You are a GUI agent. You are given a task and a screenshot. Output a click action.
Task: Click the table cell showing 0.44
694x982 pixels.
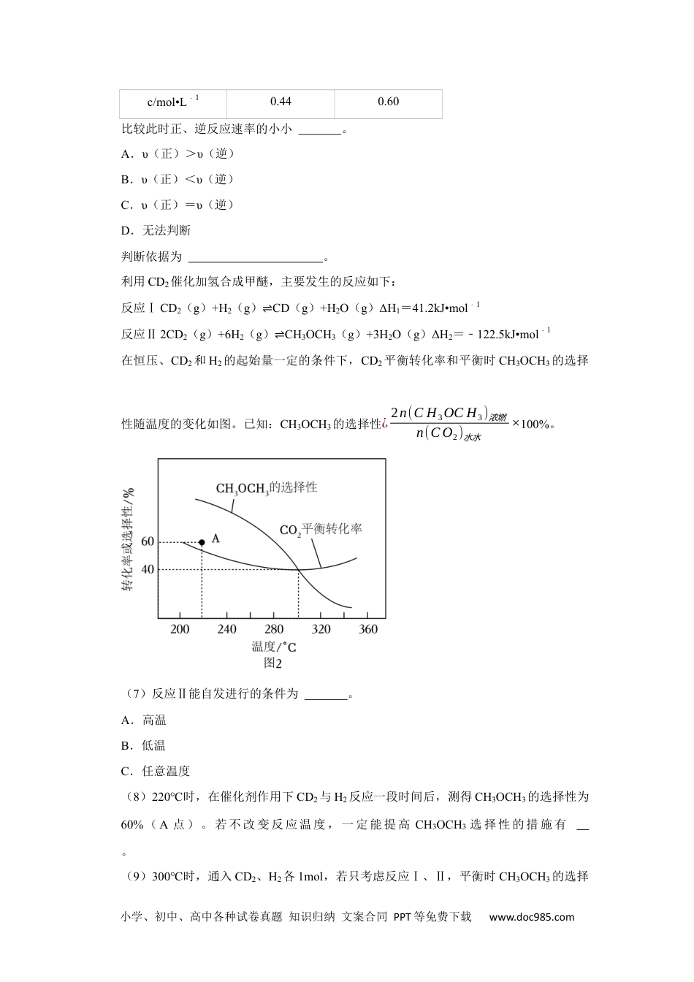tap(281, 102)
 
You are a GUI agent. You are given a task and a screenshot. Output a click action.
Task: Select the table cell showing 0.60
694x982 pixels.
tap(388, 102)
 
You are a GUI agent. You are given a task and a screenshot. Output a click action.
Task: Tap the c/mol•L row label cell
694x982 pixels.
tap(173, 102)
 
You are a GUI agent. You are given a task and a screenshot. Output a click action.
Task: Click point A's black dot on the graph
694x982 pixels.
tap(202, 542)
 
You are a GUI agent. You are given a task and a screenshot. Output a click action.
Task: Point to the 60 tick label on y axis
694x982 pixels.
tap(148, 541)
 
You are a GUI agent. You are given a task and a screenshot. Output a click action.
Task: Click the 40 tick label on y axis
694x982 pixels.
tap(148, 569)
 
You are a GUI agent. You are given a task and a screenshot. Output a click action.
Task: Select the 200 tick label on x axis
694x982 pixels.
tap(180, 629)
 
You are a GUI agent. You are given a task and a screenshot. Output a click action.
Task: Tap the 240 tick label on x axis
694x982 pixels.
tap(227, 629)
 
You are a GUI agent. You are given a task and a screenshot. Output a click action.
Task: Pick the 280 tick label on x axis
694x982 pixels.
tap(274, 629)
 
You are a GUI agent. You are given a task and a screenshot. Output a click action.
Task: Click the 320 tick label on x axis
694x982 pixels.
tap(321, 629)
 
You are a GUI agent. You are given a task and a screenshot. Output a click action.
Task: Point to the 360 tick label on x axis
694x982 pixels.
tap(368, 629)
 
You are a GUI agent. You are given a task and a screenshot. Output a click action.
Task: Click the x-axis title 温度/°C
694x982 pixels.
tap(274, 646)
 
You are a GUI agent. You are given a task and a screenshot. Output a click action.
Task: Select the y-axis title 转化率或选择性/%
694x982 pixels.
tap(129, 539)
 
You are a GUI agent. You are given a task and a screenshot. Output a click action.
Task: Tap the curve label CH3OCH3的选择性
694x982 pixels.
tap(266, 487)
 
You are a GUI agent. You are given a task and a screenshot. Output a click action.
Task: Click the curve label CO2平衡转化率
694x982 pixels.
tap(321, 529)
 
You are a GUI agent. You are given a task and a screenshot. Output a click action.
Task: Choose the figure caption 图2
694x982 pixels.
tap(272, 663)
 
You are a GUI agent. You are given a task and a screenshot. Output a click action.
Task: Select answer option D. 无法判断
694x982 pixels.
tap(156, 231)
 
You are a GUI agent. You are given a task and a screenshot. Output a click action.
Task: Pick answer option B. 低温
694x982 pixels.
tap(144, 745)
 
